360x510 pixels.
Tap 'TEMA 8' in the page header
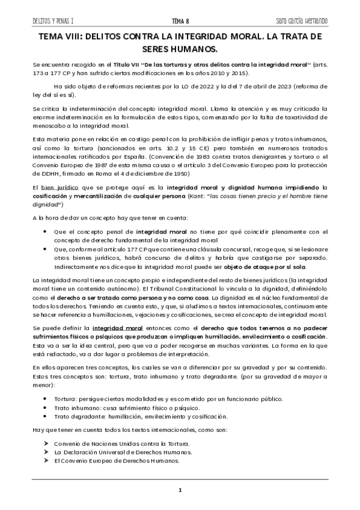pos(180,22)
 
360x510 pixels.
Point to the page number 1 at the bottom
pos(180,491)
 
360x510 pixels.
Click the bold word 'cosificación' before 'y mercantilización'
pos(51,197)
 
